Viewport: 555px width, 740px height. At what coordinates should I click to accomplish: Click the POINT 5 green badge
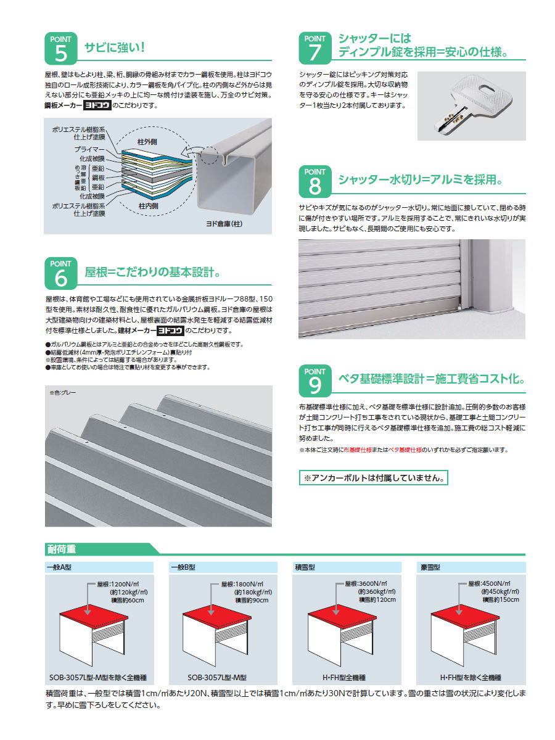point(60,49)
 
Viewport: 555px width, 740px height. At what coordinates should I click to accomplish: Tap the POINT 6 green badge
point(60,273)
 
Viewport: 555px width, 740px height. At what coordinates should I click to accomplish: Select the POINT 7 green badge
point(314,48)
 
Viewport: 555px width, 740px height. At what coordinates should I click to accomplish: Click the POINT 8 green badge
point(314,181)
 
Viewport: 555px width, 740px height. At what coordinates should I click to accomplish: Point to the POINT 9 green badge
point(314,380)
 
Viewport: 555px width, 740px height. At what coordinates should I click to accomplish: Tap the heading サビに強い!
point(115,47)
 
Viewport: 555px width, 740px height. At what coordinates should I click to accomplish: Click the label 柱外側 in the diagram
point(147,142)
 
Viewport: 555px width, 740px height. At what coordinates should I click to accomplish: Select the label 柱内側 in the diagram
point(148,205)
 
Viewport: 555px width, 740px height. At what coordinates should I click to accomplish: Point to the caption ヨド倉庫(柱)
point(224,224)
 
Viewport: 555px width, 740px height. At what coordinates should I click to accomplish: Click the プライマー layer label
point(89,149)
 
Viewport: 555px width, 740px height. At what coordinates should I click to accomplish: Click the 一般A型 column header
point(59,567)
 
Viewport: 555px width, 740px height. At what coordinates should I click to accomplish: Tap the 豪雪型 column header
point(430,567)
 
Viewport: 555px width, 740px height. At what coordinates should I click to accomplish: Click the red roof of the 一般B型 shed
point(217,616)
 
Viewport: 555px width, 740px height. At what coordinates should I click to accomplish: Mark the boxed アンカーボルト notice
point(373,478)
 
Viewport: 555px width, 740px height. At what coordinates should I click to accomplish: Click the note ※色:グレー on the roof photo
point(63,392)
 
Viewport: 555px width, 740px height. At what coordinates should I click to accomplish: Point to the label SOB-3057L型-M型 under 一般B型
point(217,677)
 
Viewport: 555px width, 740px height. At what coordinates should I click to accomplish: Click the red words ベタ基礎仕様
point(405,450)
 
